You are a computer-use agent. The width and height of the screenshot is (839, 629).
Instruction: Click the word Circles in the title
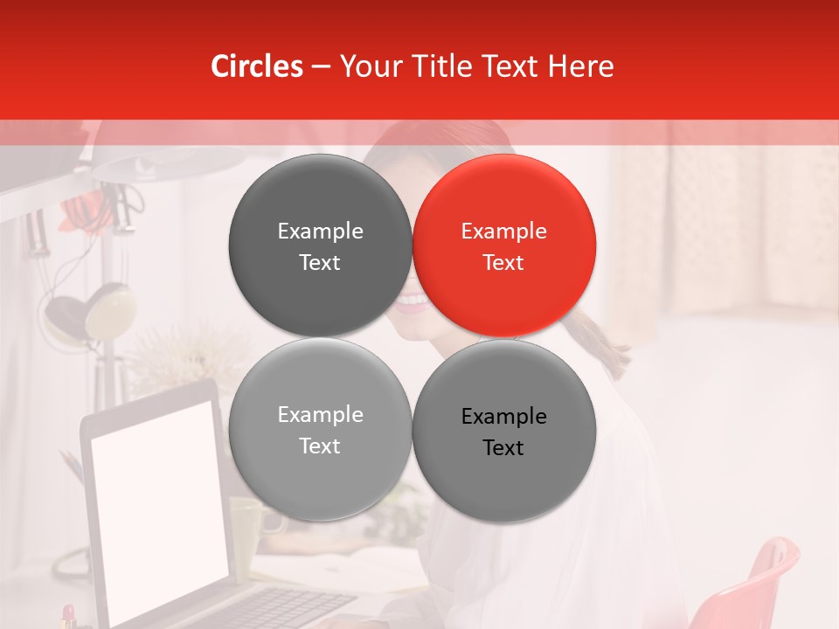257,66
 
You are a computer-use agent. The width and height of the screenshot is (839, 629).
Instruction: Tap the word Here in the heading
580,66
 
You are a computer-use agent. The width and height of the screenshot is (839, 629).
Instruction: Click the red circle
504,245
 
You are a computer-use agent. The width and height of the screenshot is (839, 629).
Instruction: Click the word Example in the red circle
503,232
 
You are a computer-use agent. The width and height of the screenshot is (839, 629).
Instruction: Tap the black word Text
503,448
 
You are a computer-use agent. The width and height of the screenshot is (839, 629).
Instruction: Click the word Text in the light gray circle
320,446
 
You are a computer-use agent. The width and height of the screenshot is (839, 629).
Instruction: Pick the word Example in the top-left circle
320,232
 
